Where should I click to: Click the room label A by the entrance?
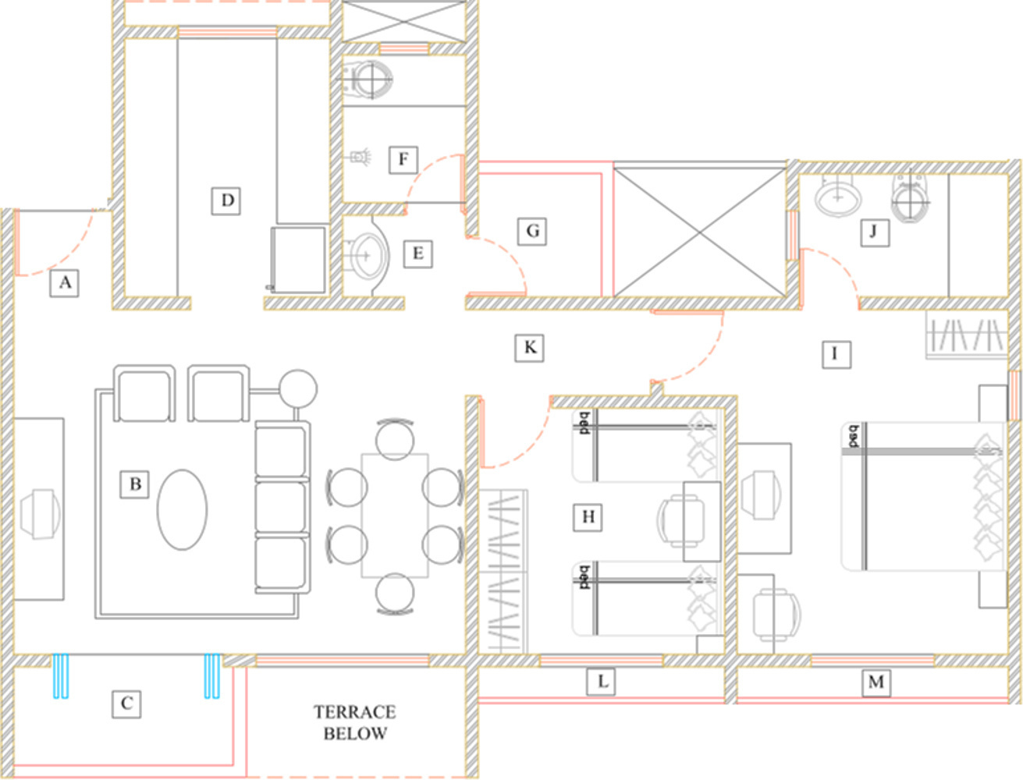point(64,282)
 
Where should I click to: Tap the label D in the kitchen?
point(226,200)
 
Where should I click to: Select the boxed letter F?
point(403,160)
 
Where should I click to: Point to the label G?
point(531,231)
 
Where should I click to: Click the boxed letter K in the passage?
point(529,347)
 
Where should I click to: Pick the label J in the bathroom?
point(874,232)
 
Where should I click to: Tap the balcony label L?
point(601,682)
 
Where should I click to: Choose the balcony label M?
point(876,682)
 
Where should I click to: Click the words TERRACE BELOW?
point(355,722)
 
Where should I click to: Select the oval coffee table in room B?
point(183,509)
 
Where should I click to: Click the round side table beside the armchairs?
point(298,389)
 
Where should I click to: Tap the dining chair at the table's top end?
point(395,438)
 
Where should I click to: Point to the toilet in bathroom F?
point(368,79)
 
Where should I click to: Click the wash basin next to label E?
point(366,255)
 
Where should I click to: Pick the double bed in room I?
point(922,496)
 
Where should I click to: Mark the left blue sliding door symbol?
point(60,676)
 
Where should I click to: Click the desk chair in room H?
point(681,520)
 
